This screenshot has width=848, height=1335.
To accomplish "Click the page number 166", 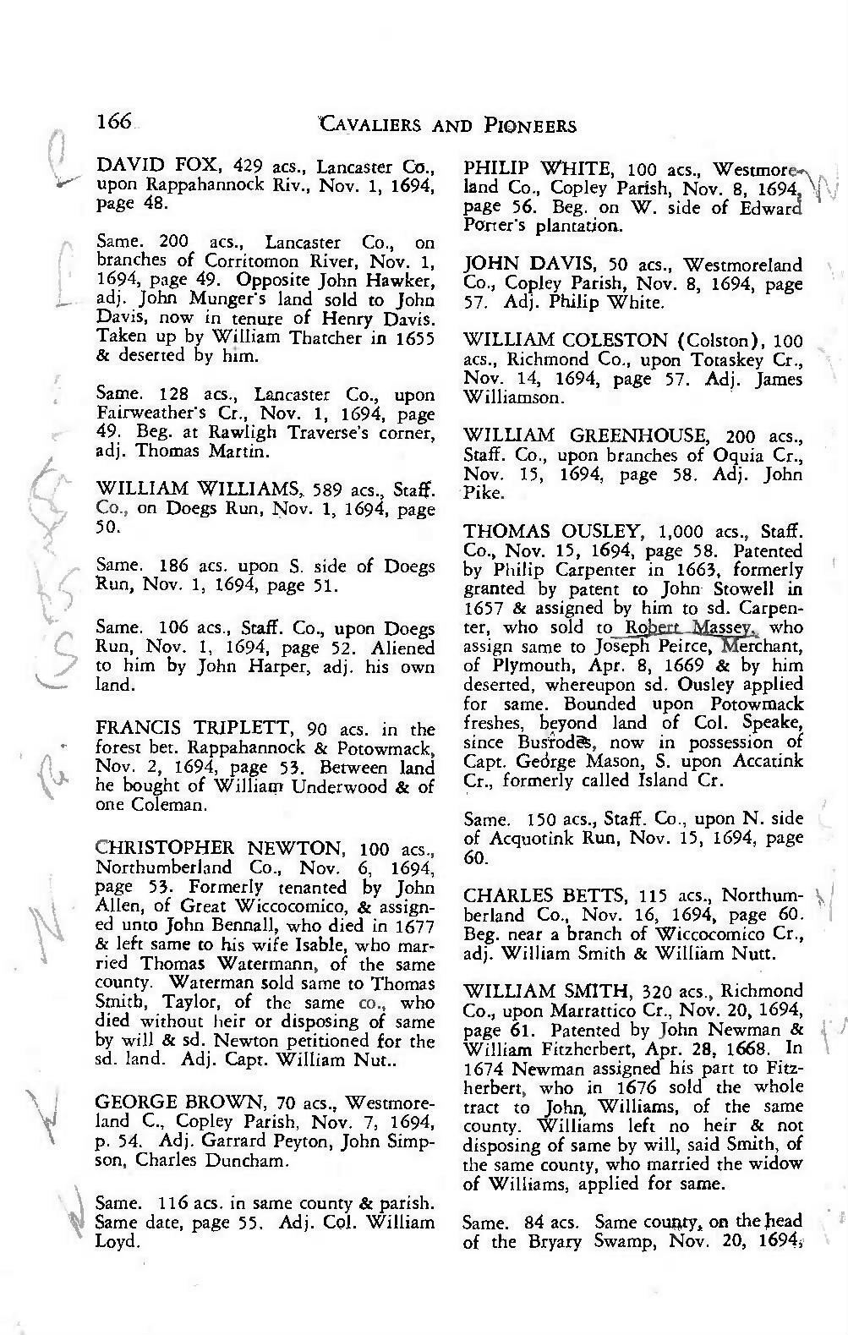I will pos(113,122).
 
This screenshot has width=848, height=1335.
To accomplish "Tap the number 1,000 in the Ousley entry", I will pos(681,533).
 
